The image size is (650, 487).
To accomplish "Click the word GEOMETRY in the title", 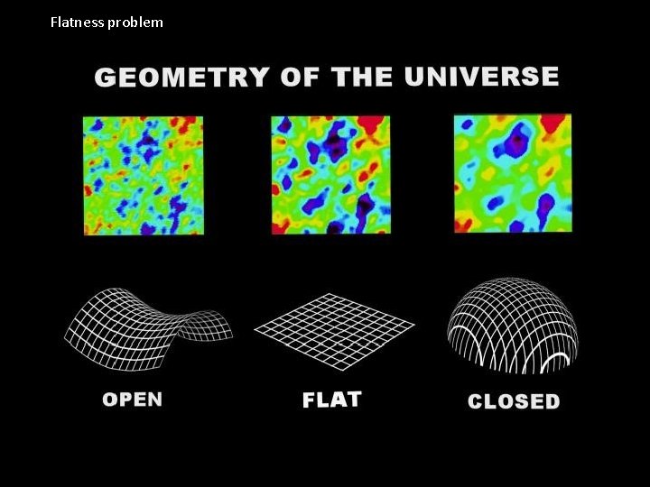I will (x=181, y=77).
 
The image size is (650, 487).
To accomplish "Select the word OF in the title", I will (x=300, y=77).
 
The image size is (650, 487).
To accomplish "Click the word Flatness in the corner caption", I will (x=77, y=22).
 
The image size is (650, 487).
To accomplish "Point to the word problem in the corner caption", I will (x=135, y=22).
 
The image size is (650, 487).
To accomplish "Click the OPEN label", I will (x=133, y=400).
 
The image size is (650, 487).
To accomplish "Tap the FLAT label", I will (x=332, y=400).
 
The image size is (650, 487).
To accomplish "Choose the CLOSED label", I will (x=514, y=401).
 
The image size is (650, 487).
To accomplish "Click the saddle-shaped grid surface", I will (x=144, y=326).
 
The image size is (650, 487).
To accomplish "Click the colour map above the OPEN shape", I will (x=144, y=175).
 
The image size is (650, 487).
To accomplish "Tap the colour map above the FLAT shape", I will (x=330, y=175).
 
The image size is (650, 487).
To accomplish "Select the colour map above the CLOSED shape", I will (x=512, y=173).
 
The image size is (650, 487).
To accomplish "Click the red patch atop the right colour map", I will (x=552, y=124).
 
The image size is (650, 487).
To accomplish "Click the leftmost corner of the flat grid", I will (x=256, y=328).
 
